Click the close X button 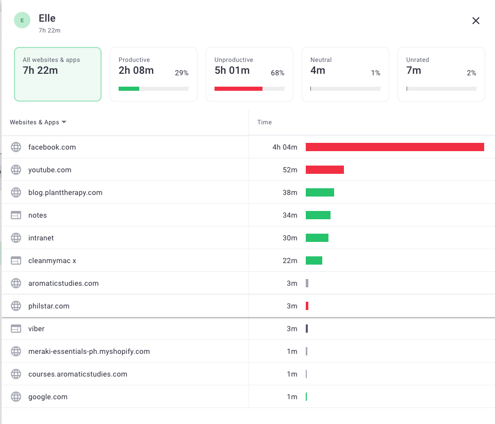476,21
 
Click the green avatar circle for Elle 22,21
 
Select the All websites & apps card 58,74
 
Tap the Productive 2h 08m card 154,74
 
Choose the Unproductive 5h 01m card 250,74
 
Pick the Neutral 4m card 345,74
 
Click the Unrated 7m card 441,74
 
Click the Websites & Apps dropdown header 38,122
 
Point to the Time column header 265,122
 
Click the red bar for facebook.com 395,147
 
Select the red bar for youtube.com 325,170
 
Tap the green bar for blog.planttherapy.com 320,192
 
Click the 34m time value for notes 290,215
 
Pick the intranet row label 41,238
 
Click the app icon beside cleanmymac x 16,260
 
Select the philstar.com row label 49,306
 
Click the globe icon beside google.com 16,397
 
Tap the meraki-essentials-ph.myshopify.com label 89,351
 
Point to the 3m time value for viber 292,329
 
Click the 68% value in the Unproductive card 277,73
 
